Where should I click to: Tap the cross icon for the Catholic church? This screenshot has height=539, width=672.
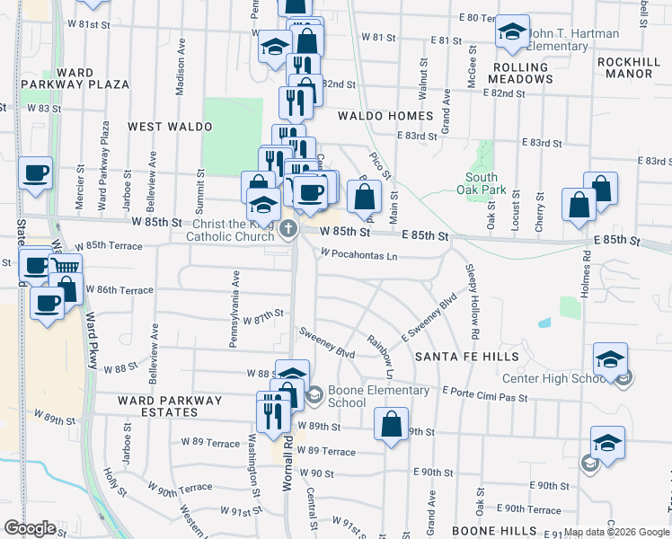pos(288,228)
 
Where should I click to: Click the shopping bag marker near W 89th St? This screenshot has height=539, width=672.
pos(391,425)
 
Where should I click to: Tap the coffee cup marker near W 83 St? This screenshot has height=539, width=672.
pos(36,172)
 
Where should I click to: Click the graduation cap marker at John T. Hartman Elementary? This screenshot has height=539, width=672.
pos(512,33)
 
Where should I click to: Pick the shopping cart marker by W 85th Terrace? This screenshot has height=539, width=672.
pos(64,268)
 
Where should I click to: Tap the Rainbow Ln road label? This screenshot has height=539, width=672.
pos(381,355)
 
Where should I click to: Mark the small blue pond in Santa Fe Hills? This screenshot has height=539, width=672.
pos(544,323)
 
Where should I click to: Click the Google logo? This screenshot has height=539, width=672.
pos(31,528)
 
